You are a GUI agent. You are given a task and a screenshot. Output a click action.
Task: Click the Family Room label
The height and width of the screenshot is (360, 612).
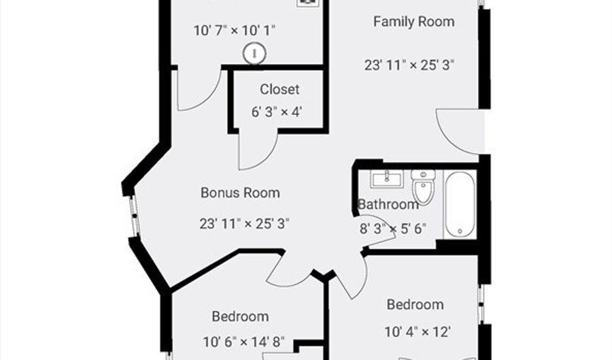pos(413,22)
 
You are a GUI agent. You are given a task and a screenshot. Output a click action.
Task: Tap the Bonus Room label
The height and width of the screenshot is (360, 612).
pos(240,193)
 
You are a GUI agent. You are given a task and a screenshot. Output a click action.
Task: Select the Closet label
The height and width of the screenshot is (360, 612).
pos(279,89)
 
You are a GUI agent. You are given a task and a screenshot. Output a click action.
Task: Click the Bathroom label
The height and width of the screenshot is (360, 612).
pos(388,204)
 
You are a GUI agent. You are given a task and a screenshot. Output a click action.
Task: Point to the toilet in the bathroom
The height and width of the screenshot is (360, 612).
pos(423,186)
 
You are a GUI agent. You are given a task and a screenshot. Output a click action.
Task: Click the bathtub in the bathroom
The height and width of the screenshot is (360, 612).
pos(460,204)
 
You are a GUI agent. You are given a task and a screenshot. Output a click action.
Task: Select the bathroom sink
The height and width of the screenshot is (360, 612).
pos(386,179)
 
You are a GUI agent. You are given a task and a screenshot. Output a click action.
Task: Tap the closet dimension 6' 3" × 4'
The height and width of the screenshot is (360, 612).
pos(277,112)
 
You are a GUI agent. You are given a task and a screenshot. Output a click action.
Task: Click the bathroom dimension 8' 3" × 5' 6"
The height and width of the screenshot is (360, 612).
pos(392,229)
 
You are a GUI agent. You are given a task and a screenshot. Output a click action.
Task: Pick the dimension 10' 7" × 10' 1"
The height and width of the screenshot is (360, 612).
pos(235,31)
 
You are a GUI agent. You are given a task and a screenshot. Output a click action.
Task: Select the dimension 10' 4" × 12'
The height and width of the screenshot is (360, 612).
pos(418,332)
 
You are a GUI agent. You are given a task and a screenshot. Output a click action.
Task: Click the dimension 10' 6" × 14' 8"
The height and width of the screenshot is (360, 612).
pos(243,342)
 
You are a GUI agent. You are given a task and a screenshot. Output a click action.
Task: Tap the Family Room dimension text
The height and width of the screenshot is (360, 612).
pos(409,65)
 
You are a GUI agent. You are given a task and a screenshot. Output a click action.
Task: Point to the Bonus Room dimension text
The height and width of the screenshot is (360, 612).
pos(244,224)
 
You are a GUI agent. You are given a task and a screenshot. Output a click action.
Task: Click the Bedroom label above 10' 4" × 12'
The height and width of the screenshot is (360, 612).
pos(415,305)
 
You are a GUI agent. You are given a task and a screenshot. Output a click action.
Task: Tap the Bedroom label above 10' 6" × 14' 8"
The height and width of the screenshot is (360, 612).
pos(240,316)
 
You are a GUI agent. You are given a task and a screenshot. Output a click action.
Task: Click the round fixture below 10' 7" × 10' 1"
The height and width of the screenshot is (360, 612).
pos(254,54)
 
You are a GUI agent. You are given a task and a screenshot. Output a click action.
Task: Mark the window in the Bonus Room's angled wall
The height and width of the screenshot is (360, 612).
pos(134,216)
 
